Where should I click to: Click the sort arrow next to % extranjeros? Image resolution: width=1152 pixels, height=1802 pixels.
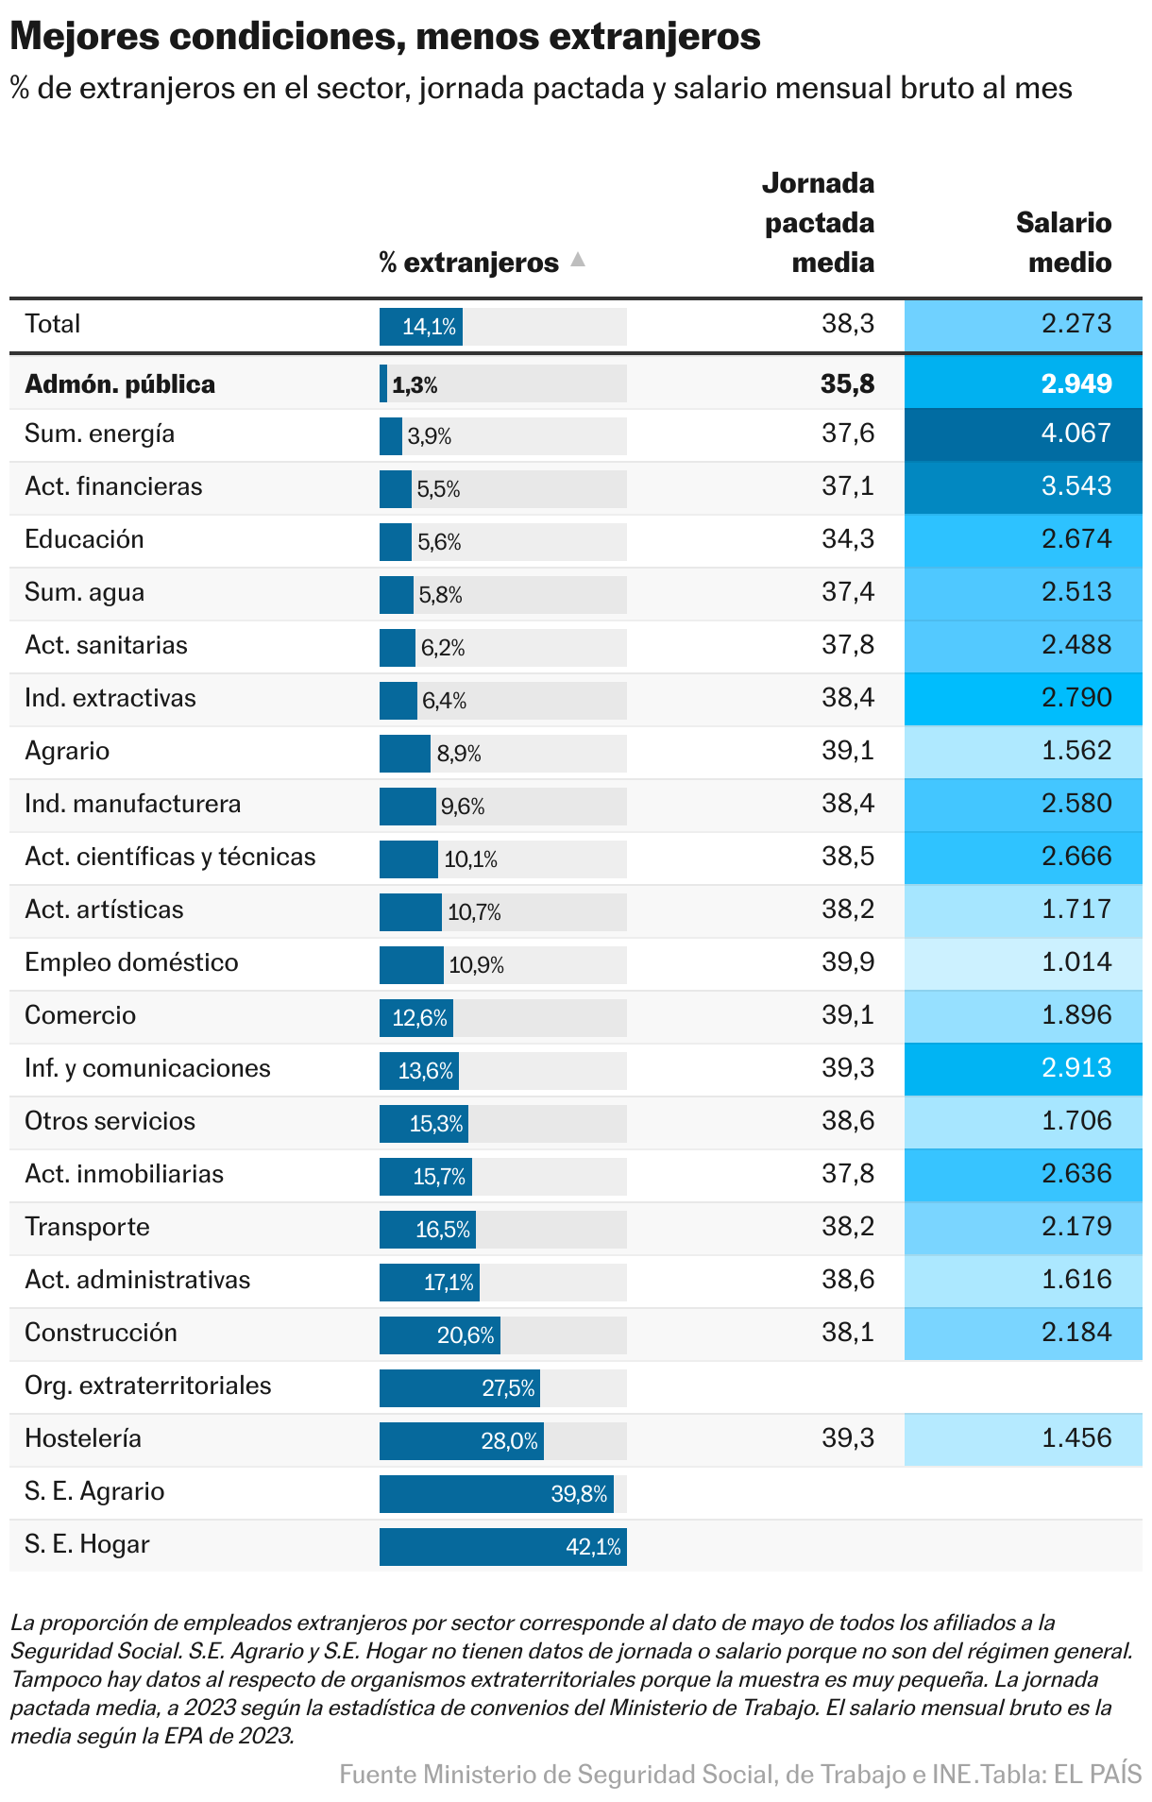click(x=578, y=260)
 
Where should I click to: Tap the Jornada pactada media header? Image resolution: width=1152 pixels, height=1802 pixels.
click(x=819, y=223)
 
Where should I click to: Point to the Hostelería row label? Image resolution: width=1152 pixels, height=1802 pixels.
click(x=83, y=1438)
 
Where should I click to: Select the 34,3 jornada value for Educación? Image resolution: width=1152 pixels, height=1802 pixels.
click(x=848, y=539)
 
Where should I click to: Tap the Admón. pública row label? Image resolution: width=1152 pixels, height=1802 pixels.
click(x=120, y=384)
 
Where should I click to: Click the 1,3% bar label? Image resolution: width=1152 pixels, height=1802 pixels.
click(x=415, y=385)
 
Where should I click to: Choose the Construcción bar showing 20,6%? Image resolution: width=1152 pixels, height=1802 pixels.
click(x=440, y=1335)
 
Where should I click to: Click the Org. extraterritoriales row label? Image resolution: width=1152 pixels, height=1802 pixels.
click(x=148, y=1385)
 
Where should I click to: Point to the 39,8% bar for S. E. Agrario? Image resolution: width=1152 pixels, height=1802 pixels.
click(x=497, y=1494)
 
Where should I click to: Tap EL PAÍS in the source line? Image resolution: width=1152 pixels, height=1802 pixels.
click(x=1097, y=1775)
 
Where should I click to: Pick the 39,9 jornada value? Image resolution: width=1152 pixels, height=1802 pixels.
click(x=848, y=962)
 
